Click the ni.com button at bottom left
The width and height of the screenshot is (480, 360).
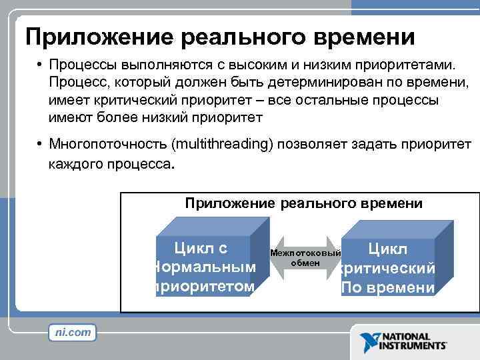coord(72,332)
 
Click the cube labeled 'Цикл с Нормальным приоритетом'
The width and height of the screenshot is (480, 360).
coord(204,267)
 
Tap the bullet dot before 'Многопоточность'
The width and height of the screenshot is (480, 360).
coord(41,145)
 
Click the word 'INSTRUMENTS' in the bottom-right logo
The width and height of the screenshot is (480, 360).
coord(413,346)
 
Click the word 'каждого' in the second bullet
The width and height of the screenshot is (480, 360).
coord(75,162)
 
